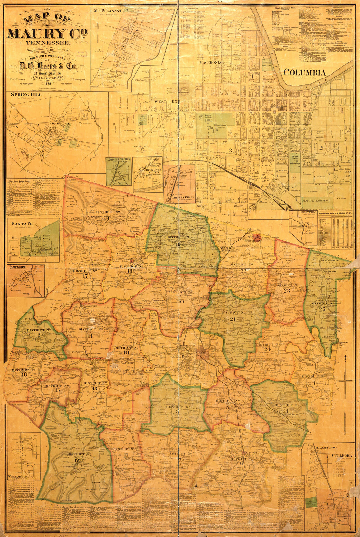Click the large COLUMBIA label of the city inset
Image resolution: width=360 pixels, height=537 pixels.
pos(304,73)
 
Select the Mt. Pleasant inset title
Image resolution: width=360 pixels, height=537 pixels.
pos(108,11)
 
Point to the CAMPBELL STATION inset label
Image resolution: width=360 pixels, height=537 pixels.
pos(118,159)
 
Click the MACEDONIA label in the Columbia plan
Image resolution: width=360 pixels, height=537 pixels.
pos(212,62)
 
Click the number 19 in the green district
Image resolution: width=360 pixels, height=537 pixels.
pos(178,244)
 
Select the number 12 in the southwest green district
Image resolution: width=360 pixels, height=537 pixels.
pos(77,460)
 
